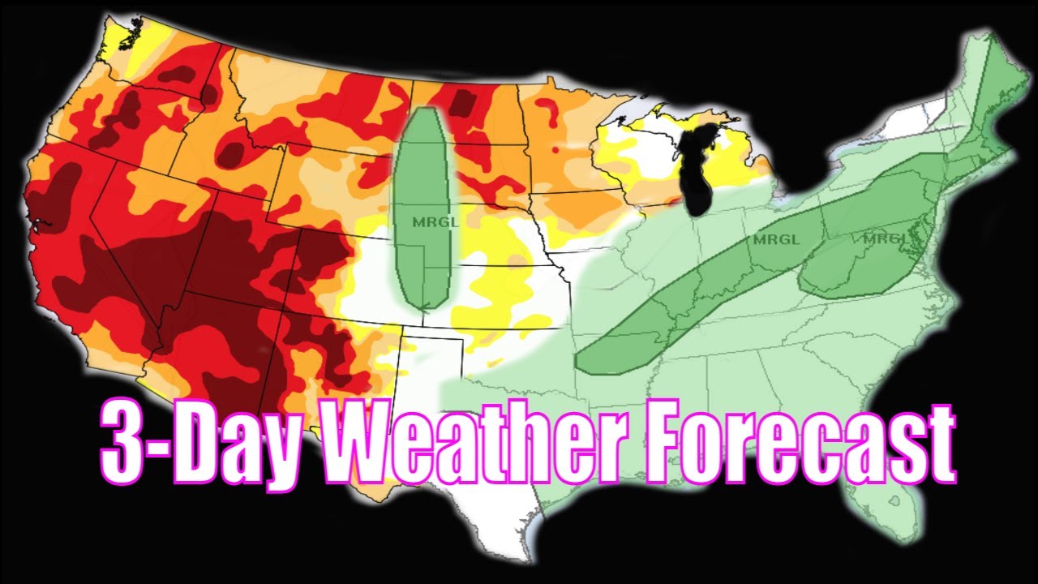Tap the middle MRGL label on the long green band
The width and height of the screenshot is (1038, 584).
click(x=776, y=239)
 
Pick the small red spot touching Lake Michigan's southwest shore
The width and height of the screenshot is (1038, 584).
click(x=680, y=198)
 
